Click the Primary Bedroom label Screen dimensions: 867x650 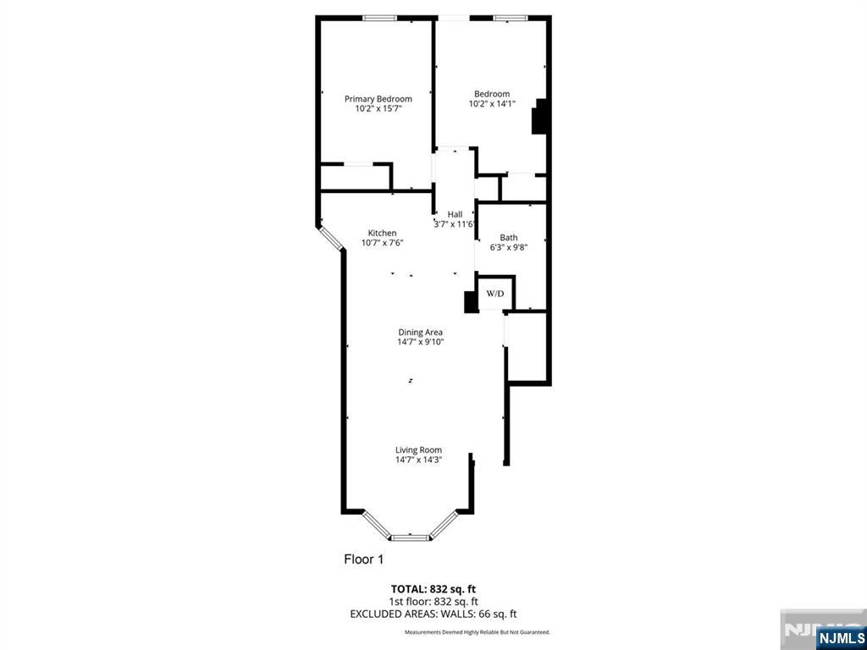coord(378,99)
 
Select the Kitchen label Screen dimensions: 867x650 coord(382,234)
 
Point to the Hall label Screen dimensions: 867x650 coord(455,214)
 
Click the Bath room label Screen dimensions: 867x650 coord(509,238)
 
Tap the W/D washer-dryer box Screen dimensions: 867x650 coord(495,294)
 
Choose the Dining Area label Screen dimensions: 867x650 coord(421,332)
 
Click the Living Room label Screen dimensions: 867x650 coord(418,450)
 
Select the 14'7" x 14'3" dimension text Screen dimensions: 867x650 coord(418,460)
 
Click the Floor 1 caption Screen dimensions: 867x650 coord(363,559)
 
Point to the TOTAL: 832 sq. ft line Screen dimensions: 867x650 coord(433,589)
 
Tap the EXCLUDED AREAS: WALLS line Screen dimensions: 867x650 coord(433,614)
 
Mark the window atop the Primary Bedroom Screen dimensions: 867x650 coord(380,18)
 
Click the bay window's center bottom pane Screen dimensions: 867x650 coord(410,536)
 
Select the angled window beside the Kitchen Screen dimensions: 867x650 coord(331,237)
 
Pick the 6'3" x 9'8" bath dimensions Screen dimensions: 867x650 coord(509,247)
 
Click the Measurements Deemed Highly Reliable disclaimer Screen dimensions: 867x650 coord(478,631)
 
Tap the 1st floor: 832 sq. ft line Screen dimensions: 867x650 coord(433,602)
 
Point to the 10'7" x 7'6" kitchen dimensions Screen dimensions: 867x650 coord(382,243)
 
